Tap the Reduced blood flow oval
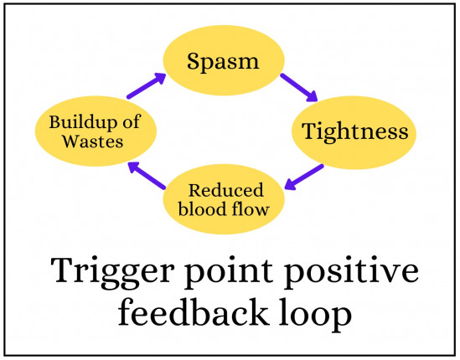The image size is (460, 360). pyautogui.click(x=225, y=198)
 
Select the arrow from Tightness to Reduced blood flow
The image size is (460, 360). pyautogui.click(x=305, y=177)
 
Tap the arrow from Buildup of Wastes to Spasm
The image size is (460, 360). pyautogui.click(x=144, y=86)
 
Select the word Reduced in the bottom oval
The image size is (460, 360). pyautogui.click(x=225, y=189)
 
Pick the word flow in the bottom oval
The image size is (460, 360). pyautogui.click(x=251, y=208)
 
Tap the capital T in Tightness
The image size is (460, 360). pyautogui.click(x=309, y=131)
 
